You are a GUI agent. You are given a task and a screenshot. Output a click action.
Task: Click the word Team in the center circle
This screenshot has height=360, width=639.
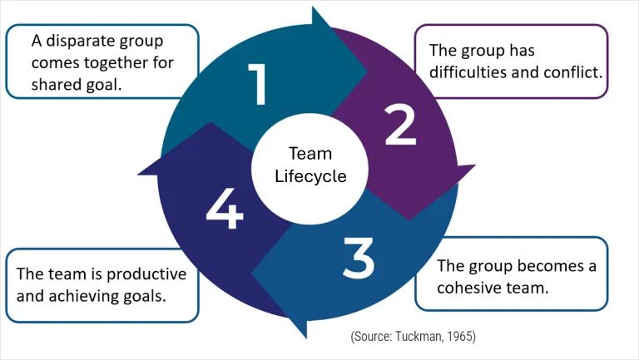tap(310, 154)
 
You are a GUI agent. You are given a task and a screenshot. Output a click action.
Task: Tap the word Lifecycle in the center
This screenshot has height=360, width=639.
tap(310, 176)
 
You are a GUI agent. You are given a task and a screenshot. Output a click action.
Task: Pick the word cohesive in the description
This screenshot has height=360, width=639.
tap(471, 288)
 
